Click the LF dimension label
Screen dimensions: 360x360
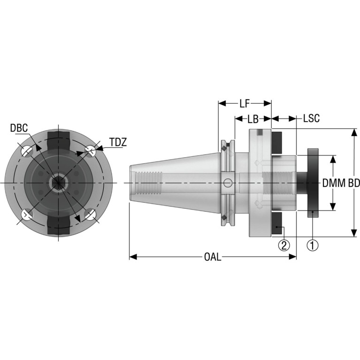(x=245, y=104)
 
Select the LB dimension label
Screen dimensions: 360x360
(x=253, y=119)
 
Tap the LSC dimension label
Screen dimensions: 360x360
(x=311, y=118)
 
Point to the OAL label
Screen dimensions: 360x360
(x=213, y=257)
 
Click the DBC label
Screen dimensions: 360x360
(x=19, y=128)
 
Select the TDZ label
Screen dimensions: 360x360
(x=118, y=142)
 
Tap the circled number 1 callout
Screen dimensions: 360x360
(x=313, y=245)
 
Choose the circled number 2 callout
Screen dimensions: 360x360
(x=284, y=245)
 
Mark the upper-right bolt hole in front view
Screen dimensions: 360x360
(x=90, y=151)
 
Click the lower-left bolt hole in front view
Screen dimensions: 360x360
(x=27, y=214)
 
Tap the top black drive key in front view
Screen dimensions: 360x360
(x=58, y=141)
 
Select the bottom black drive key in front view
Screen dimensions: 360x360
(x=58, y=225)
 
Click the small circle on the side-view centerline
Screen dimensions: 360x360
(x=228, y=183)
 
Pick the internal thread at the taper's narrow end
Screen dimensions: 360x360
(x=148, y=183)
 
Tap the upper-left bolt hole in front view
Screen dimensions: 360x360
(x=27, y=151)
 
